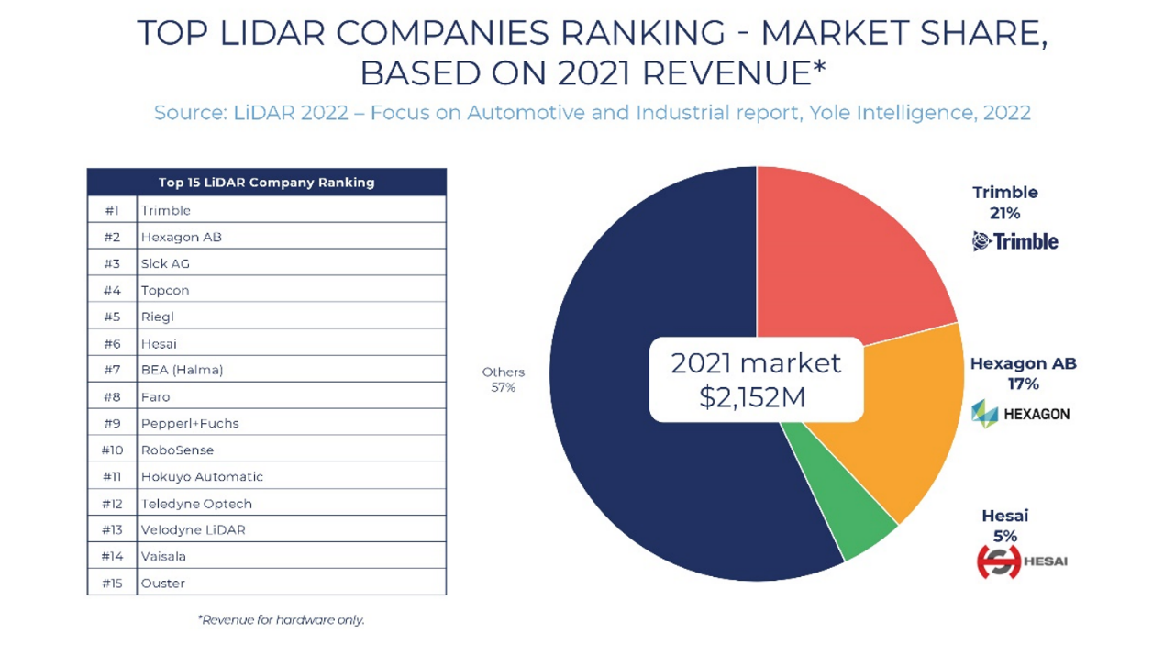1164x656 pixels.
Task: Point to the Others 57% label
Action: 503,380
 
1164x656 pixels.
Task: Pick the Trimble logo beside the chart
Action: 1015,242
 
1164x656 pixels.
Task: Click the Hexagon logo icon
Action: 984,414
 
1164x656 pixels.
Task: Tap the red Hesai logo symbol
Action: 998,561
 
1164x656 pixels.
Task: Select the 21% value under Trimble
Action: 1004,214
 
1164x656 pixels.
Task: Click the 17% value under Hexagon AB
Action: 1023,384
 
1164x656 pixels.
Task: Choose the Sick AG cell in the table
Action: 166,264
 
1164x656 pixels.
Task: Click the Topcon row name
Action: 165,291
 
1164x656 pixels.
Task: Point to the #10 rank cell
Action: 112,450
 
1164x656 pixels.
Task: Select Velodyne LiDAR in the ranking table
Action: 194,530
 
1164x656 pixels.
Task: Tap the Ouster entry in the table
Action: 163,584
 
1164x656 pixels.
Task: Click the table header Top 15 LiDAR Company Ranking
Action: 266,183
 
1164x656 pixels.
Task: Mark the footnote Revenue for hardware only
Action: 281,620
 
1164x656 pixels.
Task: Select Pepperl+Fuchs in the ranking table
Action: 190,424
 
